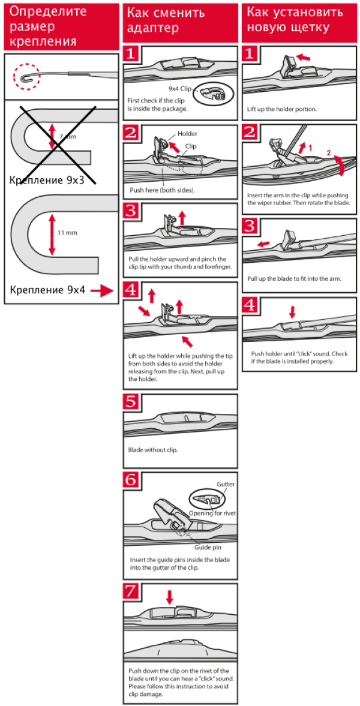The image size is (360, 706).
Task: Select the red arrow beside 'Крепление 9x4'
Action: click(x=103, y=292)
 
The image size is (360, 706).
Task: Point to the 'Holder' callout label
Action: click(x=187, y=134)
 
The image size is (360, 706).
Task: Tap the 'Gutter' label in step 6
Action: click(x=226, y=484)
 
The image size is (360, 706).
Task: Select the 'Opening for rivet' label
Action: click(x=209, y=513)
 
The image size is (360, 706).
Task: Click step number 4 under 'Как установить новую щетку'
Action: click(x=251, y=305)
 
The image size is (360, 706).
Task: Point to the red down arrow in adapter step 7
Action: click(x=170, y=597)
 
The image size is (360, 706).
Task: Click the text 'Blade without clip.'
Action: click(x=153, y=450)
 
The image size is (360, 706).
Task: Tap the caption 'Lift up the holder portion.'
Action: click(x=282, y=110)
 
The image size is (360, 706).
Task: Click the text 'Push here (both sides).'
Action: click(x=162, y=190)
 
